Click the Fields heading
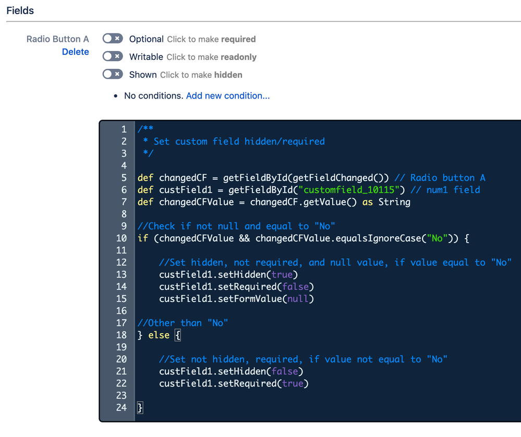point(20,10)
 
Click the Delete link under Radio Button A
point(75,52)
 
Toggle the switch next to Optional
point(113,39)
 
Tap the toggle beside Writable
point(113,56)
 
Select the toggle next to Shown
point(113,74)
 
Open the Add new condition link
point(228,95)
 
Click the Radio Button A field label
point(57,39)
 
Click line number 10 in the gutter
point(121,238)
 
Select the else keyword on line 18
point(159,335)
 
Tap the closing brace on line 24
point(140,408)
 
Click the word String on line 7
point(394,202)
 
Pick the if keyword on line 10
point(143,238)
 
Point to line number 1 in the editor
point(124,129)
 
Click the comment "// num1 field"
point(445,190)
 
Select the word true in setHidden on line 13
point(282,274)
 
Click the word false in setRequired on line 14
point(296,286)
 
